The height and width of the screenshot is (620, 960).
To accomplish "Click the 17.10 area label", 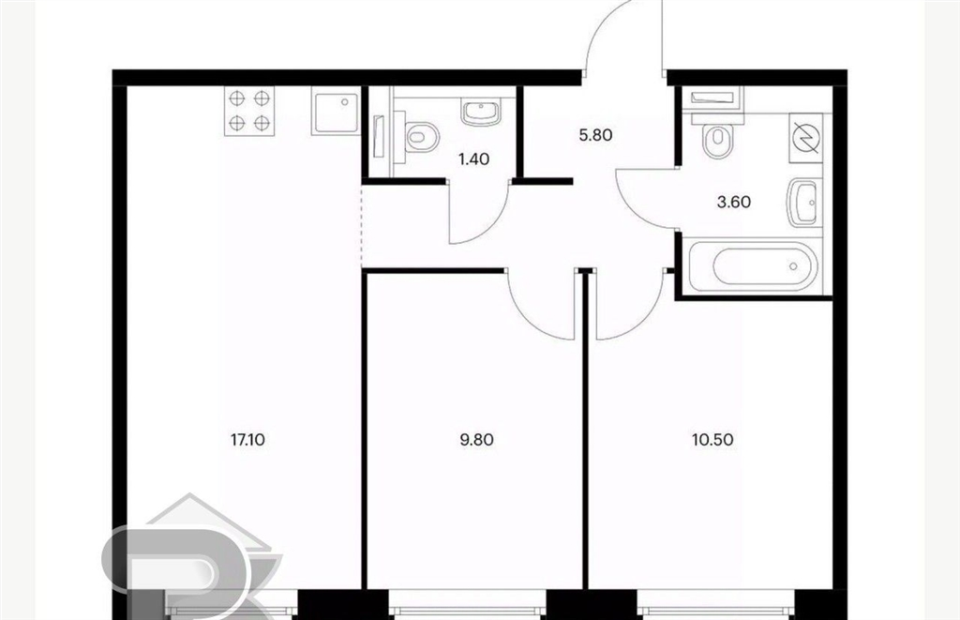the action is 247,440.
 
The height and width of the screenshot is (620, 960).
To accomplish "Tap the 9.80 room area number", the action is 476,440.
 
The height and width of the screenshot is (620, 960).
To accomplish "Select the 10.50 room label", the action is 712,440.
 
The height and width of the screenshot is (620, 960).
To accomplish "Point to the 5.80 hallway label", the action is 595,135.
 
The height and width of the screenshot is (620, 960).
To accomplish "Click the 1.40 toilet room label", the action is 473,159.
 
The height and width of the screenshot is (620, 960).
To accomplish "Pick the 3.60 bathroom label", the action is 733,202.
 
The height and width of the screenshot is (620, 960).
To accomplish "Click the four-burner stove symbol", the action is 249,111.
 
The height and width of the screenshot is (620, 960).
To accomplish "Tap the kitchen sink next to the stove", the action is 337,111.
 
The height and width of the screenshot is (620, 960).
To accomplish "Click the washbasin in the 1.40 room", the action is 481,113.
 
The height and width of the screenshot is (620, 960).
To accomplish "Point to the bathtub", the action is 754,266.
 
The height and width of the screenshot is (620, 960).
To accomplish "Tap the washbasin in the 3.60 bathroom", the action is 803,203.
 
